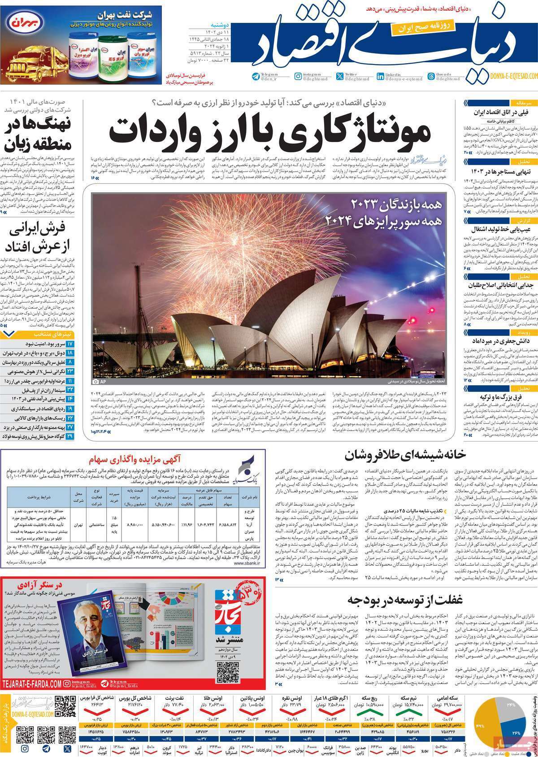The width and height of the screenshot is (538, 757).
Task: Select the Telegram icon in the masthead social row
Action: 256,77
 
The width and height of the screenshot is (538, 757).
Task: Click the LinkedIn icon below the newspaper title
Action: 381,77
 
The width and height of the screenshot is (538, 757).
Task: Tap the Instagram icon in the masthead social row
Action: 298,77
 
